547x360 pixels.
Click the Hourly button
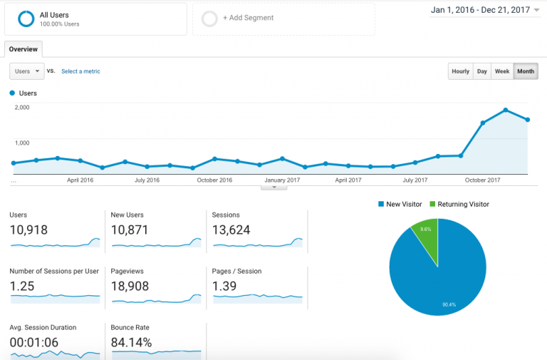tap(460, 71)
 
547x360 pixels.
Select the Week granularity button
tap(502, 71)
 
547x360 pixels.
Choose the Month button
tap(526, 71)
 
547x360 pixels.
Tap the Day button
tap(482, 71)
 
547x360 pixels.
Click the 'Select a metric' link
tap(80, 71)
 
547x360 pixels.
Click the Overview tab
tap(24, 49)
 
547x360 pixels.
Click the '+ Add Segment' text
tap(248, 18)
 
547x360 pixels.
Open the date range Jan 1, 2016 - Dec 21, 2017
tap(484, 10)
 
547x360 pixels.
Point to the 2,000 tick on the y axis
tap(21, 107)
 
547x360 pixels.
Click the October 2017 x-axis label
tap(483, 180)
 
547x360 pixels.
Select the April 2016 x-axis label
tap(80, 180)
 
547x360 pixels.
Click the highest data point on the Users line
tap(505, 110)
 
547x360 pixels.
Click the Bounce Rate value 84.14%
tap(131, 342)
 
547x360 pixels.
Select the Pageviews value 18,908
tap(130, 286)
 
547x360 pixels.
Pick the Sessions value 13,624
tap(231, 230)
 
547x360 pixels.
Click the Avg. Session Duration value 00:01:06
tap(34, 342)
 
